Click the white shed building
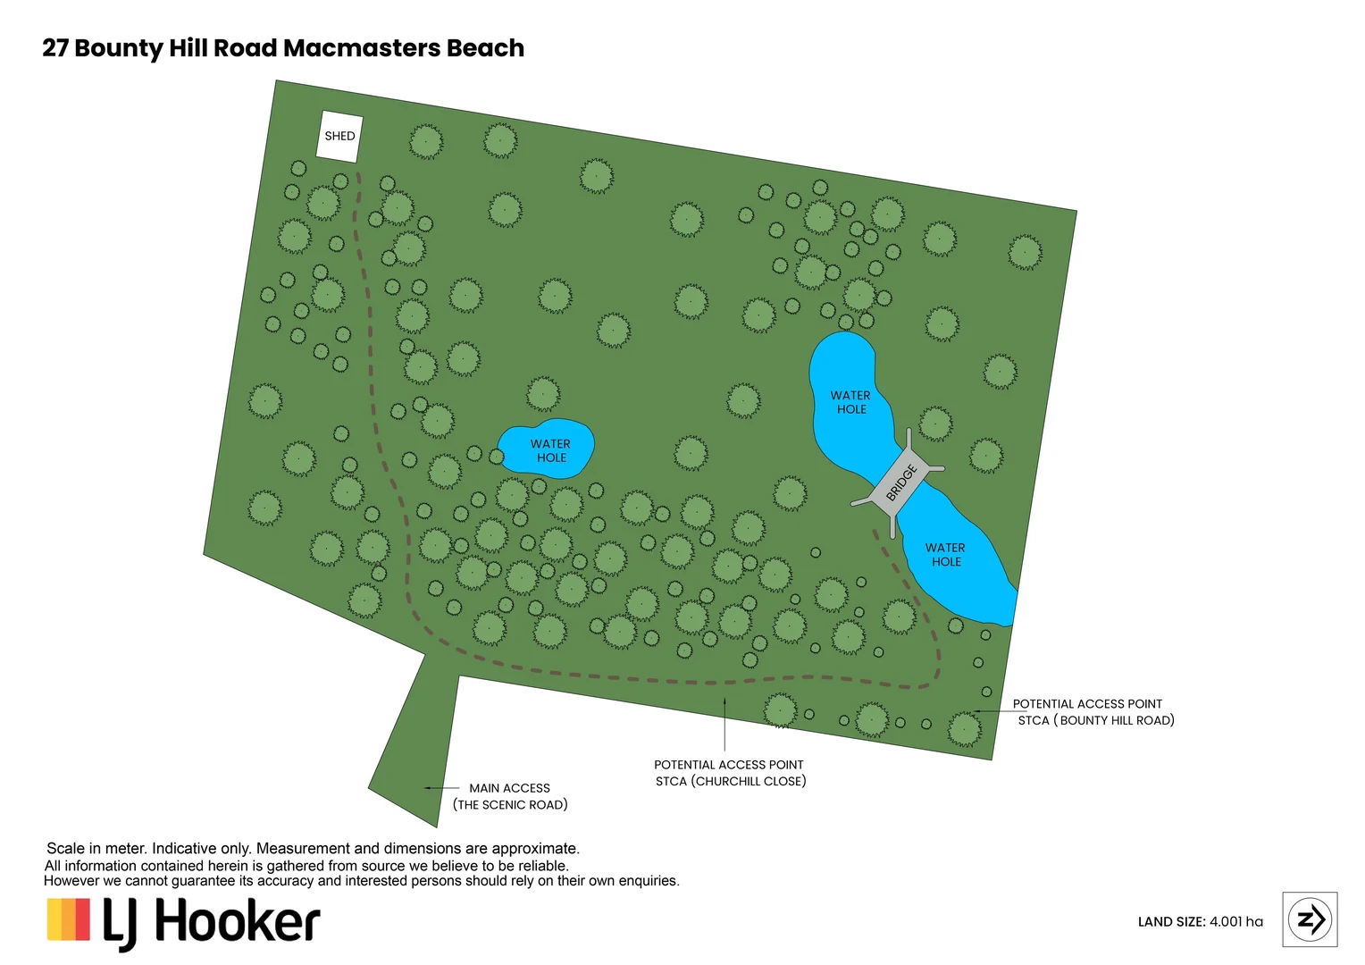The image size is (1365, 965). point(340,137)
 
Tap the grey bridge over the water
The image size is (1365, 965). point(899,483)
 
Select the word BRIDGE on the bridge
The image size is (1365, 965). point(901,482)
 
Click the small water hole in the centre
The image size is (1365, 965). point(546,449)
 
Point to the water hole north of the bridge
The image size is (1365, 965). point(844,393)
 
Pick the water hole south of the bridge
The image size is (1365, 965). point(956,563)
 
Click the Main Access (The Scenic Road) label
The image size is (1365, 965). point(510,796)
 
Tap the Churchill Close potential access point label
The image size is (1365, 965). point(730,773)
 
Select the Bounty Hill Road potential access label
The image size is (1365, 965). point(1092,712)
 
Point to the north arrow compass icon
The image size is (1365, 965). point(1310,919)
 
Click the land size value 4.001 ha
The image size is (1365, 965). point(1236,922)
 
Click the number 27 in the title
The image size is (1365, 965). point(55,48)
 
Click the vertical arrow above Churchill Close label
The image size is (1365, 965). point(724,724)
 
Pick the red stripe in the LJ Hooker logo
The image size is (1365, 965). point(83,919)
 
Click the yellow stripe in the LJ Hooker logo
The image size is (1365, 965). point(54,919)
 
